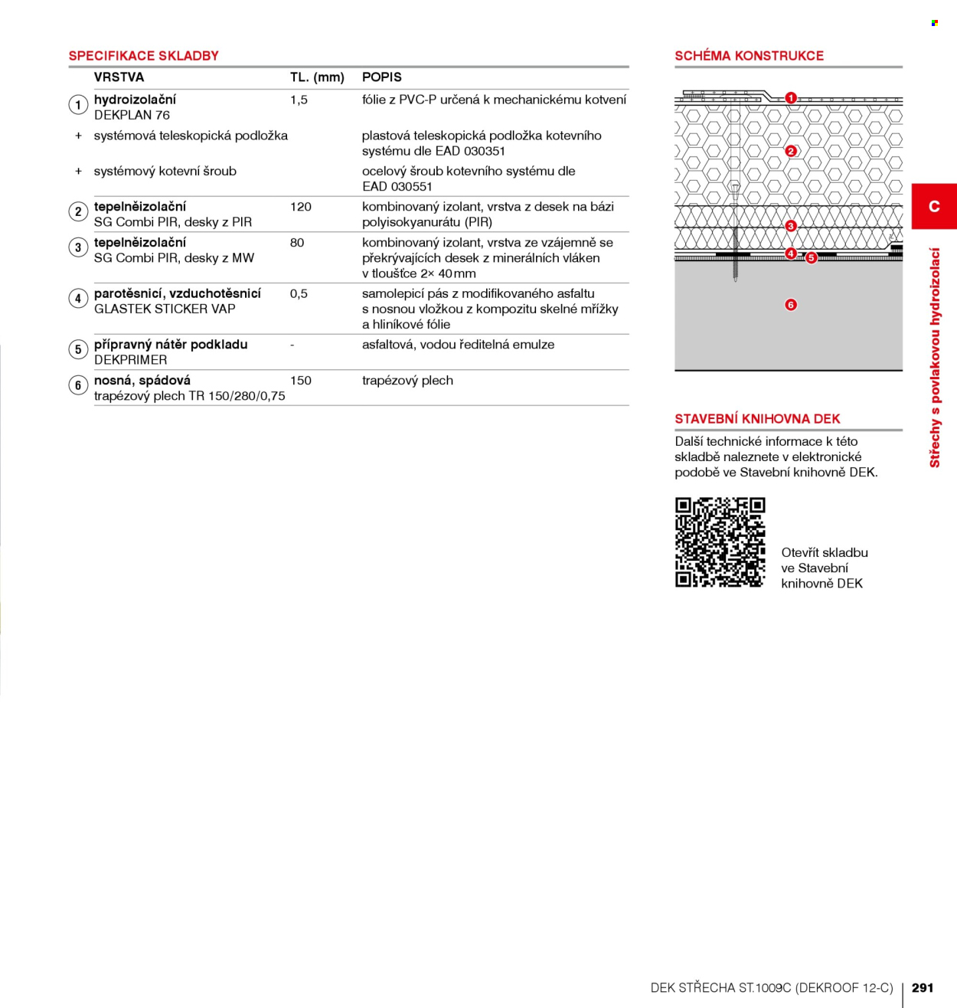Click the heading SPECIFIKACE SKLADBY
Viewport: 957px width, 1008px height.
pos(143,56)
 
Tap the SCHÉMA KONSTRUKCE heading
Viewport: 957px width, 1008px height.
pos(749,56)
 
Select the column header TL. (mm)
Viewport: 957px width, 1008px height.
pos(317,77)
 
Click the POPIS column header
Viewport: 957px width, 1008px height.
pos(382,77)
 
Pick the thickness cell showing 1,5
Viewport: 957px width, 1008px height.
pos(299,100)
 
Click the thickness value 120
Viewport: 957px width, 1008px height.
pos(300,207)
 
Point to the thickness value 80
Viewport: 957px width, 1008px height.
pos(297,243)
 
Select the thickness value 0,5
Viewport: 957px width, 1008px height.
pos(299,294)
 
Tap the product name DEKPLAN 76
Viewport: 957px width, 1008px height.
pos(132,116)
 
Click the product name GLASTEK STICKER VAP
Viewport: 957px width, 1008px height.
pos(165,309)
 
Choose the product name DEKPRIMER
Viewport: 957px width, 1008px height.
pos(131,360)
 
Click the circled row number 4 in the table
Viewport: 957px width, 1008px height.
pos(78,299)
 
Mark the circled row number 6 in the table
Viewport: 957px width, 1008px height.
pos(78,385)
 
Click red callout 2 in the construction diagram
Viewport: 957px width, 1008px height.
pos(790,151)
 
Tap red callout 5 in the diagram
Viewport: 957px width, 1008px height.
pos(811,258)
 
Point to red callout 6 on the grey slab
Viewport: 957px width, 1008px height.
pos(791,305)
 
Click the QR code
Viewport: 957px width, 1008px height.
pos(720,542)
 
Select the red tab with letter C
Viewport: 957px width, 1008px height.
pos(934,206)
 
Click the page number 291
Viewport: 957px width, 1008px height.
pos(923,987)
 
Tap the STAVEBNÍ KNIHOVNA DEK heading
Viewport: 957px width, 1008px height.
pos(758,419)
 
